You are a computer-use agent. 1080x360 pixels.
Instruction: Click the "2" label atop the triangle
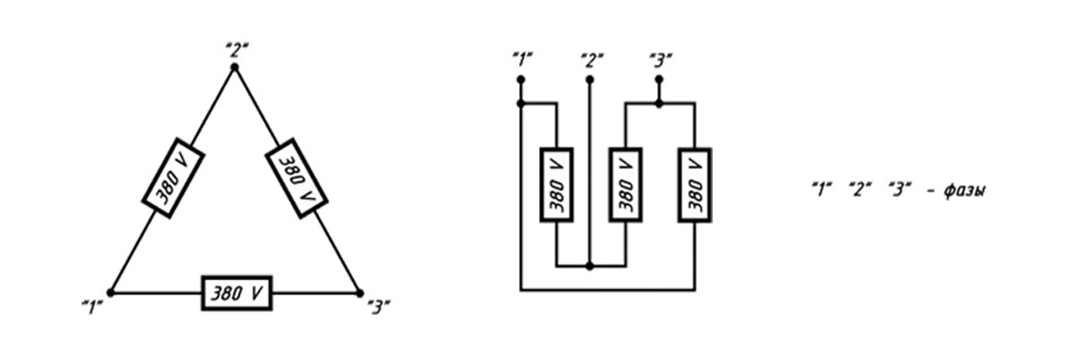[x=238, y=49]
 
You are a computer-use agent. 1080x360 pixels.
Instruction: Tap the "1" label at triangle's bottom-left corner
[x=93, y=308]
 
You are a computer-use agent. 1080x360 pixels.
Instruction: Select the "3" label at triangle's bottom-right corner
[x=379, y=308]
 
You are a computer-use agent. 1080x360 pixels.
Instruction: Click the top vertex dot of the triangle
[x=235, y=67]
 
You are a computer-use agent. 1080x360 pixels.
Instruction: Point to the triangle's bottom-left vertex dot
[x=111, y=292]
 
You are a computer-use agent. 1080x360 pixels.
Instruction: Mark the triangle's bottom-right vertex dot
[x=359, y=292]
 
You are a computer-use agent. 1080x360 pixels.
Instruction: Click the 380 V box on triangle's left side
[x=173, y=178]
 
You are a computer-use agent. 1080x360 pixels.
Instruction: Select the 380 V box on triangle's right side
[x=296, y=178]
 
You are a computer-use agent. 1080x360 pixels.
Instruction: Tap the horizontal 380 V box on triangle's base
[x=237, y=293]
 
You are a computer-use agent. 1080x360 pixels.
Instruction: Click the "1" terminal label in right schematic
[x=523, y=60]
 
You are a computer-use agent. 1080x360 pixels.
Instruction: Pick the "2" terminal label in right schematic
[x=592, y=60]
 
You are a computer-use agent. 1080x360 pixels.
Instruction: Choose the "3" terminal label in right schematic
[x=661, y=60]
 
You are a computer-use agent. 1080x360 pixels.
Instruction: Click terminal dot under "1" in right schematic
[x=521, y=79]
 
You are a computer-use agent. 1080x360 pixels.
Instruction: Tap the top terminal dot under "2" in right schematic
[x=589, y=79]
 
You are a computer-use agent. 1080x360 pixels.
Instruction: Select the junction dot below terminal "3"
[x=659, y=103]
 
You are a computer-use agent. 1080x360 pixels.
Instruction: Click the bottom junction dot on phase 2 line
[x=589, y=266]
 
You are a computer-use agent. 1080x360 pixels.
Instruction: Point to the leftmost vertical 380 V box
[x=556, y=185]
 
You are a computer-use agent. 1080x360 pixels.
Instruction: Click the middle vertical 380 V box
[x=625, y=185]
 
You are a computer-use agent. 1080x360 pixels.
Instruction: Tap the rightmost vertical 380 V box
[x=695, y=185]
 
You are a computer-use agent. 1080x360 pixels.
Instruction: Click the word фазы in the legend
[x=965, y=191]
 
